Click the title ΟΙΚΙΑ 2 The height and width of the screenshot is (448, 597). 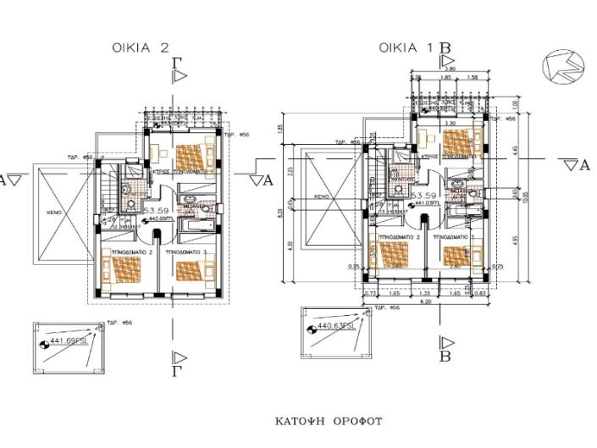141,48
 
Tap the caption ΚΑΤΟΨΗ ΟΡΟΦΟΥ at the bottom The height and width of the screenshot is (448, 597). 329,421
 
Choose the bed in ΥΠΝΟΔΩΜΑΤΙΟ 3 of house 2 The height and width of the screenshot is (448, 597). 191,269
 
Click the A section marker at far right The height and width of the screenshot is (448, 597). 583,164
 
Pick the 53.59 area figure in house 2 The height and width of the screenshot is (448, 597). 157,209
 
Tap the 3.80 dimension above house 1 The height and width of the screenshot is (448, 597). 450,69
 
